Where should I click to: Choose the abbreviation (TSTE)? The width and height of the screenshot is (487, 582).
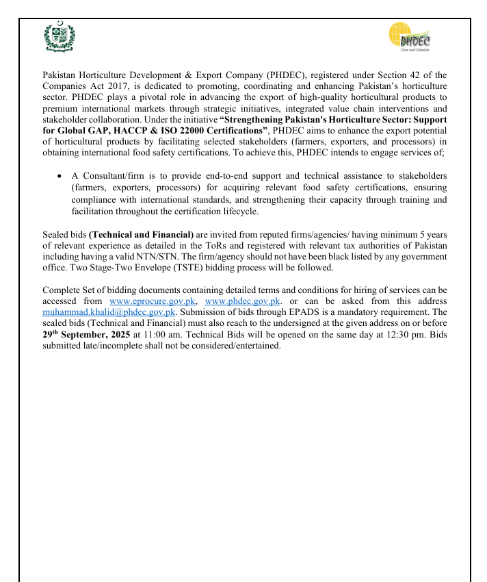187,268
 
